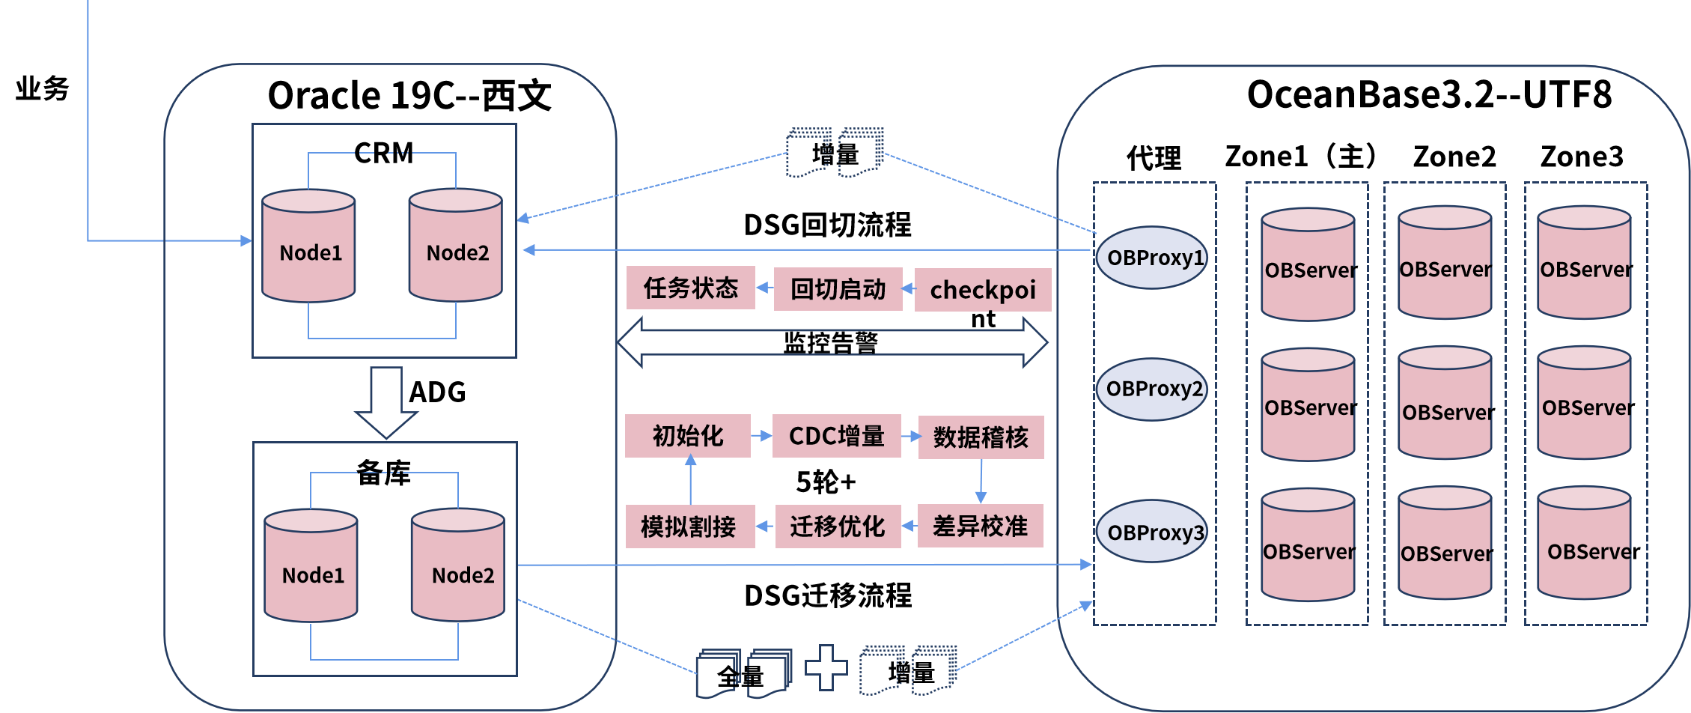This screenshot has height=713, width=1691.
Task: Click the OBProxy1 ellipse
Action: pyautogui.click(x=1151, y=258)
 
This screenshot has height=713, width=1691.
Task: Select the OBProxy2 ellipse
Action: pyautogui.click(x=1151, y=389)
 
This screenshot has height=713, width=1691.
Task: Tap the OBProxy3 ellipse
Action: pyautogui.click(x=1151, y=532)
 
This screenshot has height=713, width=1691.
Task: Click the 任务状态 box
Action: pyautogui.click(x=690, y=288)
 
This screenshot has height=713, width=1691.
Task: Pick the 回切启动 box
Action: pyautogui.click(x=838, y=289)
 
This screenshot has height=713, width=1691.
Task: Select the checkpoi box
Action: pyautogui.click(x=982, y=290)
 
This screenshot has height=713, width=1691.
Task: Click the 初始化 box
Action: pyautogui.click(x=687, y=436)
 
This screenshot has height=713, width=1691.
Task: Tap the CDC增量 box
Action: pyautogui.click(x=836, y=436)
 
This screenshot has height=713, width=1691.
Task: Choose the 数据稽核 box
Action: pyautogui.click(x=981, y=437)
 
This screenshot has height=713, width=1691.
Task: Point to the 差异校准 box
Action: pyautogui.click(x=980, y=526)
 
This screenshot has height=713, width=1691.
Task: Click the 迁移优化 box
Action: pyautogui.click(x=838, y=527)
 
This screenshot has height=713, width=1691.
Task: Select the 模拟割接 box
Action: pyautogui.click(x=689, y=527)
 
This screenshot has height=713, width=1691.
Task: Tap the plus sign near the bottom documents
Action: pyautogui.click(x=826, y=667)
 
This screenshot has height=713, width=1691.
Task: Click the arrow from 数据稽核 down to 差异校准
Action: pyautogui.click(x=981, y=481)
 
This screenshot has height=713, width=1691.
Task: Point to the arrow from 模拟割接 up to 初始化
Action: pyautogui.click(x=690, y=481)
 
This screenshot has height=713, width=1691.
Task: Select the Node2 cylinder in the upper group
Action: pyautogui.click(x=455, y=246)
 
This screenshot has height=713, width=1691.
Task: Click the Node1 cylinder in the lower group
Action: pyautogui.click(x=311, y=565)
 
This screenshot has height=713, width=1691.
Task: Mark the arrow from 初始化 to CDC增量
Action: pyautogui.click(x=761, y=436)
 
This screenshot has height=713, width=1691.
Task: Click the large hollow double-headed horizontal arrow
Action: pyautogui.click(x=832, y=342)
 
